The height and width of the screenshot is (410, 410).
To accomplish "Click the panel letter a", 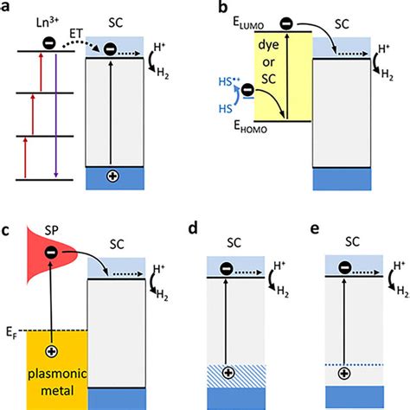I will pyautogui.click(x=9, y=9).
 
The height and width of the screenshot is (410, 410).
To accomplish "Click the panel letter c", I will pyautogui.click(x=9, y=229).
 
